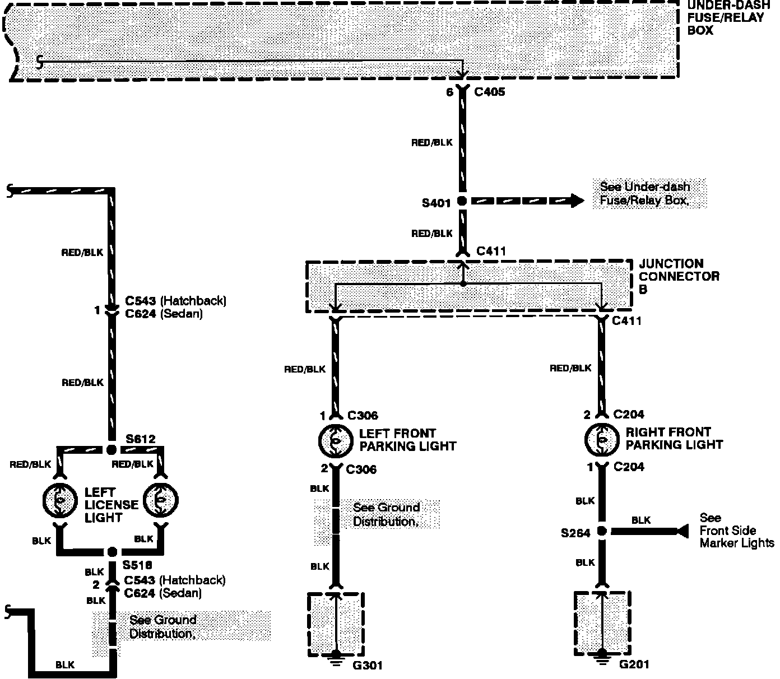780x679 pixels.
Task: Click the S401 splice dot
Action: (462, 201)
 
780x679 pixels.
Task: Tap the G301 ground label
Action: (368, 666)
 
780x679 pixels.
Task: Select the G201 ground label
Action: (634, 664)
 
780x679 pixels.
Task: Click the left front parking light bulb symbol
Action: (335, 441)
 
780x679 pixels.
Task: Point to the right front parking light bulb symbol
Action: (601, 440)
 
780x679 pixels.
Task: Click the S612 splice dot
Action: (111, 449)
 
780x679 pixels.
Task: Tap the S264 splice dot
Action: (601, 531)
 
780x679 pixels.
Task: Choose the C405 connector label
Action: (489, 92)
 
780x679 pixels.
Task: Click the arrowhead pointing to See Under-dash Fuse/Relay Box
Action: (577, 201)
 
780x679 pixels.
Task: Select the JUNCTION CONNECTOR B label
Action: (679, 276)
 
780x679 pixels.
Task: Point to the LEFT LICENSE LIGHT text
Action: (111, 505)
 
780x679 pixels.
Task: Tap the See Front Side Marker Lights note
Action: (736, 530)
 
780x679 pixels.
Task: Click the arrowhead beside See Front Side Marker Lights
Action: (682, 531)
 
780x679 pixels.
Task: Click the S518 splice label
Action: (137, 565)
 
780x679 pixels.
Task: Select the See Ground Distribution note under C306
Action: (386, 514)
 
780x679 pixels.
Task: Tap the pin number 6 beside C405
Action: (449, 92)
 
